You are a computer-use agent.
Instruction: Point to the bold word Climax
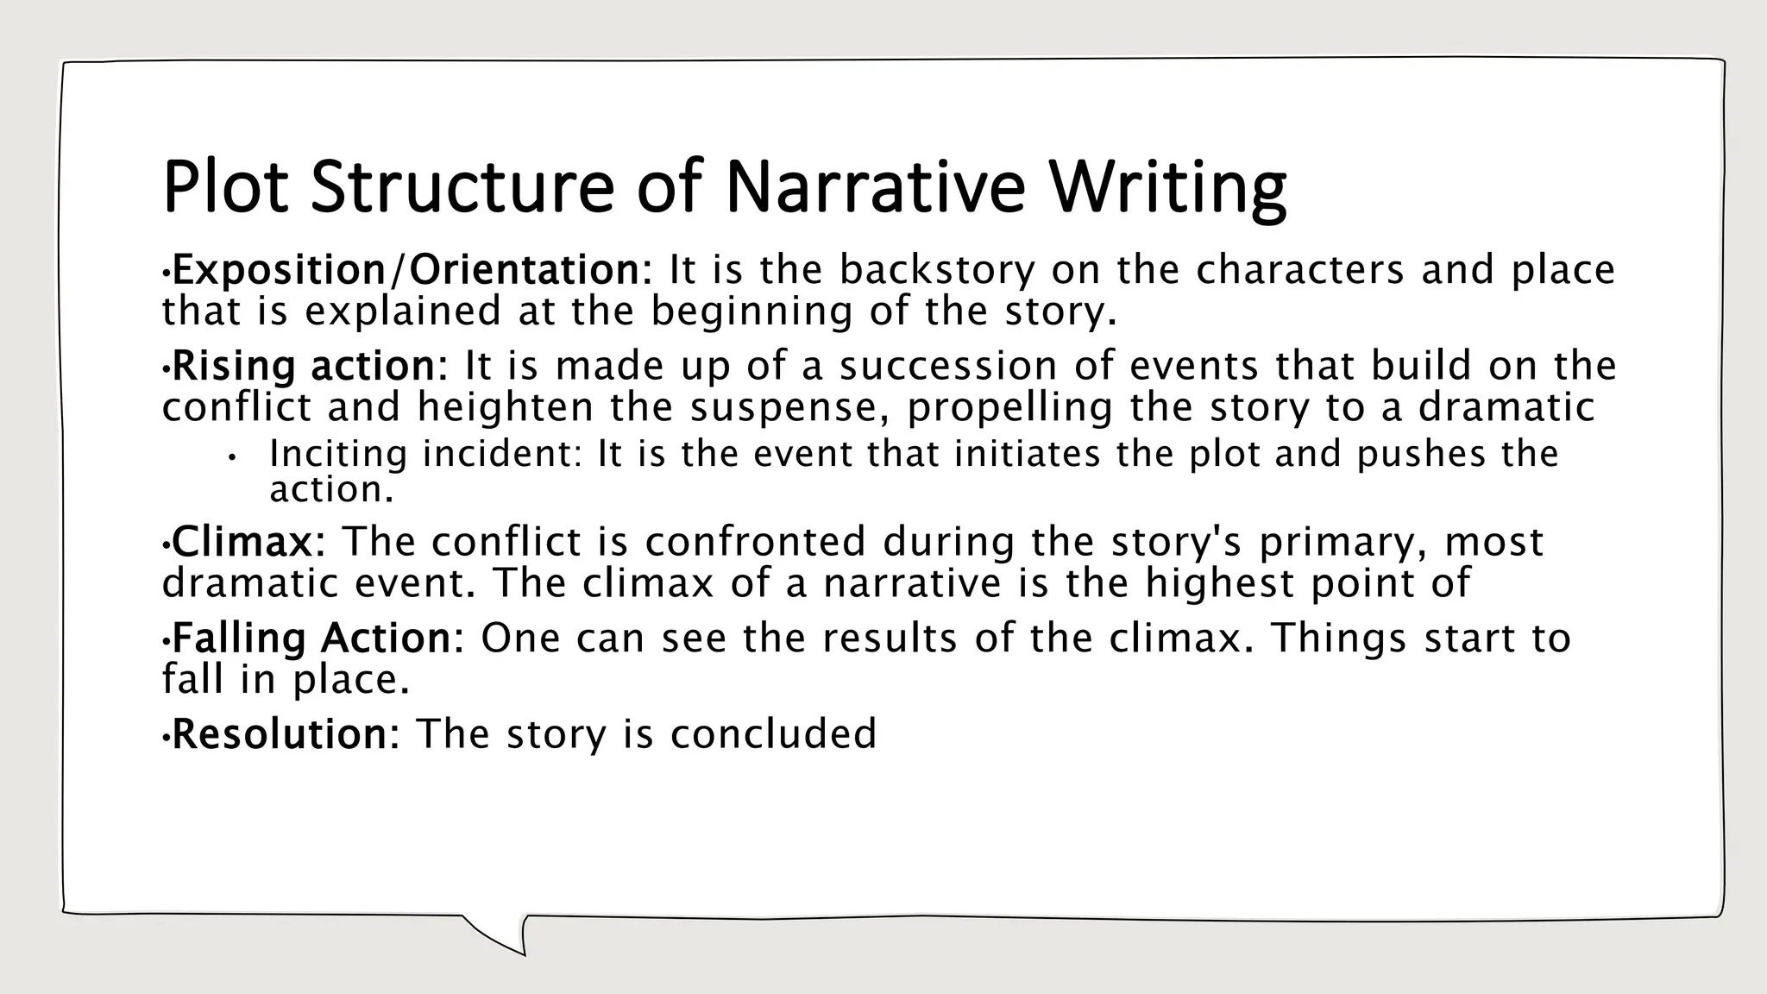(x=242, y=542)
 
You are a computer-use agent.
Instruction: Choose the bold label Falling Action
(x=311, y=639)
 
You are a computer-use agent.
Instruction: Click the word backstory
(x=936, y=270)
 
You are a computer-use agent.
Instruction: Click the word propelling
(x=1010, y=407)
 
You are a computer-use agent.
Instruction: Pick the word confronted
(x=755, y=542)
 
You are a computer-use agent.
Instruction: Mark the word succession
(x=948, y=366)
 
